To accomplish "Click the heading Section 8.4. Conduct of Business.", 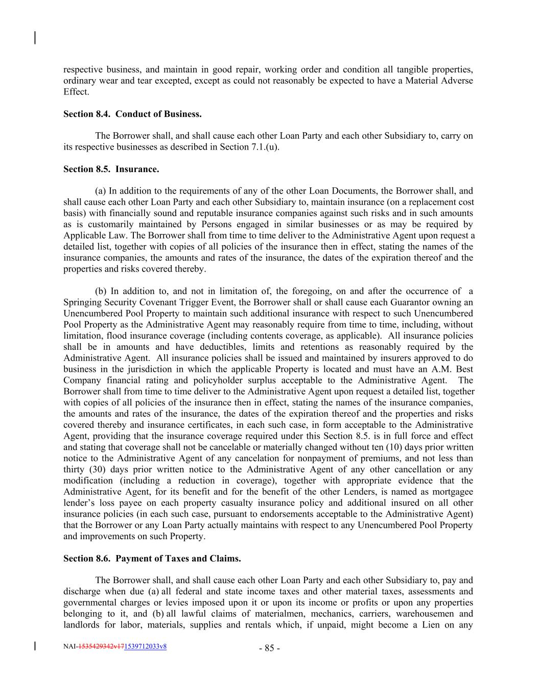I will click(x=132, y=114).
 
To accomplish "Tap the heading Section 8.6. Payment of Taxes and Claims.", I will click(x=152, y=558).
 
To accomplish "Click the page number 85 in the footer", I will click(x=269, y=648).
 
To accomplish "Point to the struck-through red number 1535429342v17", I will click(x=101, y=646).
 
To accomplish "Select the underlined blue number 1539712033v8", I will click(x=145, y=646).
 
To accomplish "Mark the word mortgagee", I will click(x=453, y=492).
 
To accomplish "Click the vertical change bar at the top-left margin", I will click(x=35, y=38).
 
